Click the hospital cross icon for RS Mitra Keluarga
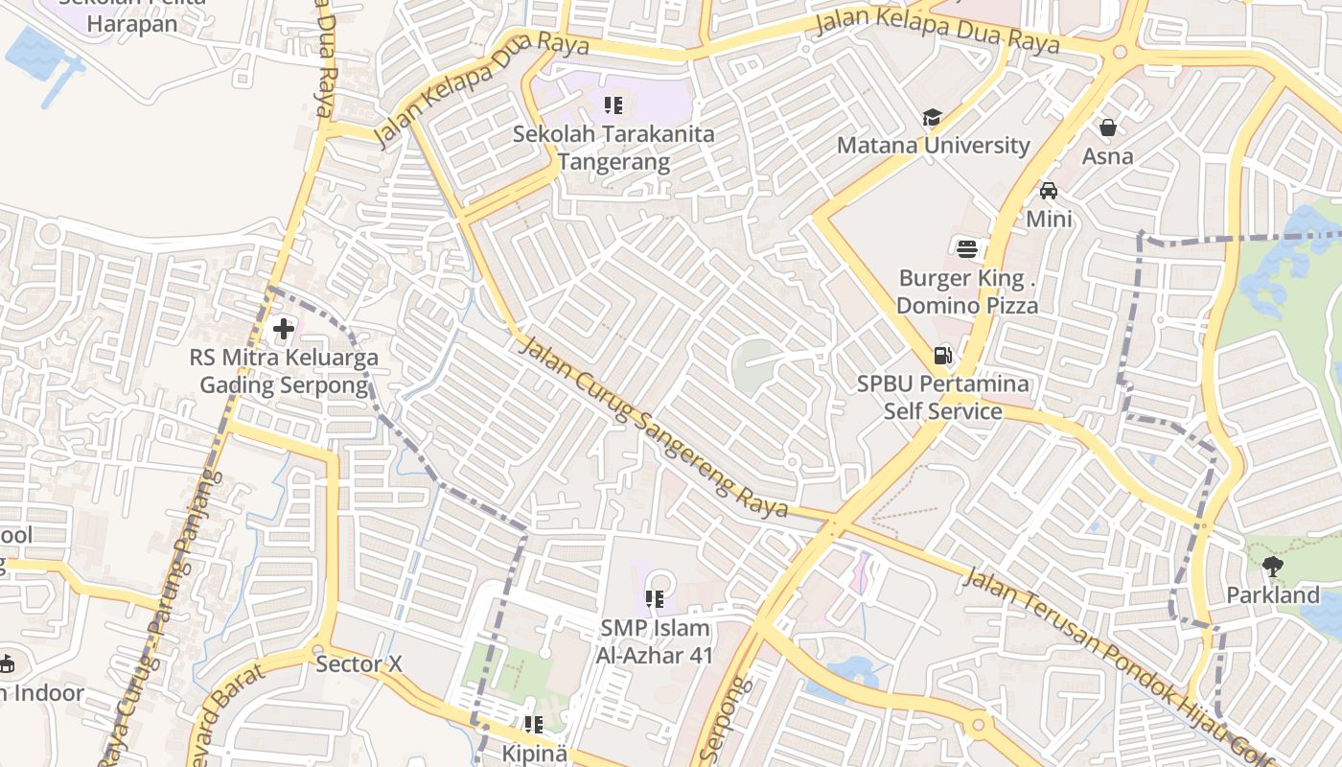[284, 329]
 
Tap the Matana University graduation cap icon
[932, 117]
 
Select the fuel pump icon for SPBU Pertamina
[942, 356]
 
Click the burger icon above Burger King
[967, 249]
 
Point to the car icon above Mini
[1049, 191]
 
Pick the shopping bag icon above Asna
[1107, 128]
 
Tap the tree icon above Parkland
[1272, 567]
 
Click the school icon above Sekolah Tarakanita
[613, 105]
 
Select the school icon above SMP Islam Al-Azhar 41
[655, 599]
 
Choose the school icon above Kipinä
[534, 725]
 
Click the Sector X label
[359, 663]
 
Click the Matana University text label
[933, 146]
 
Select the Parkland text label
[1273, 595]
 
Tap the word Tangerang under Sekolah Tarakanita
[613, 162]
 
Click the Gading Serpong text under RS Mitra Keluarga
[284, 385]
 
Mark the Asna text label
[1107, 156]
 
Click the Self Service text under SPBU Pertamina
[942, 411]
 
